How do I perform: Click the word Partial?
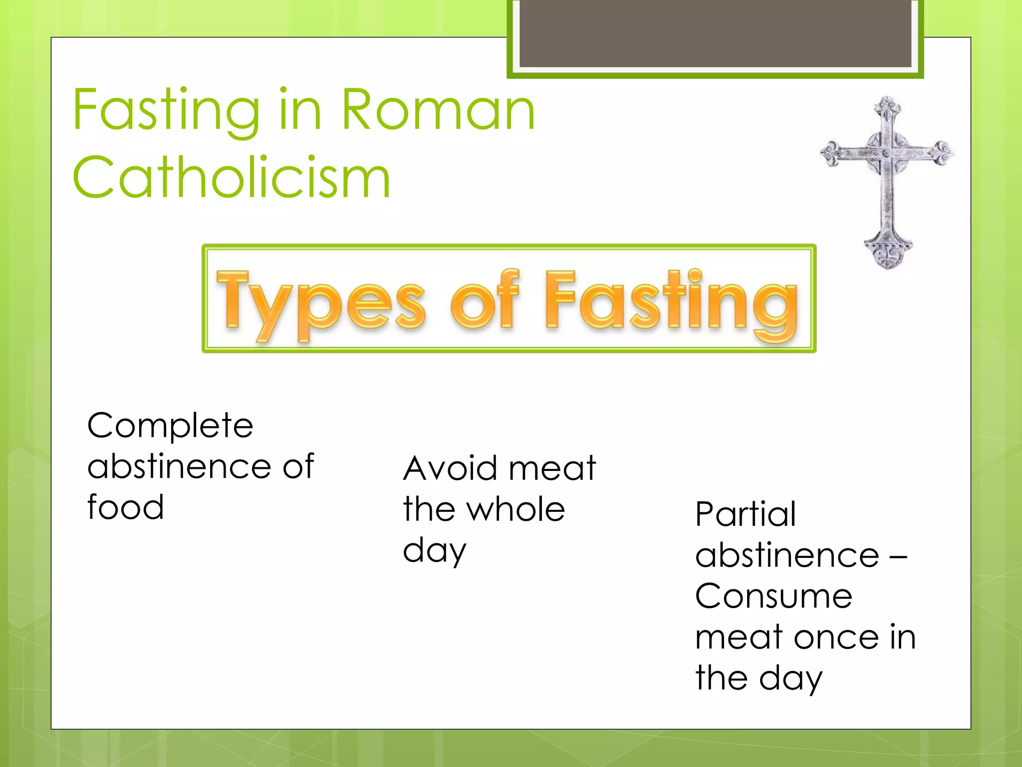[x=746, y=514]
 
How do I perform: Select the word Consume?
[x=773, y=597]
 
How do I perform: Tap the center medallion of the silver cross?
[x=887, y=153]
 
